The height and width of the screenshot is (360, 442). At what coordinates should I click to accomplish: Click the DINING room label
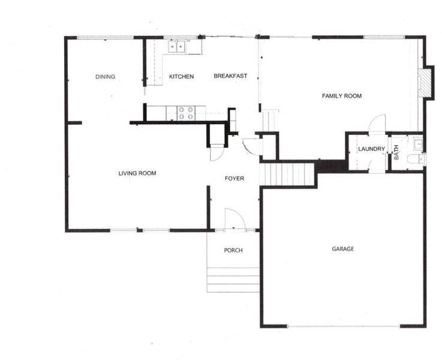105,77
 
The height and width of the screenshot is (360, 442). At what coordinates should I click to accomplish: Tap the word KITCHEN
181,76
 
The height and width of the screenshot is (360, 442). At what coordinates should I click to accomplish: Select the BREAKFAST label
230,76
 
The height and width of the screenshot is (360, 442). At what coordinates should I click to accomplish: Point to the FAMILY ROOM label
342,96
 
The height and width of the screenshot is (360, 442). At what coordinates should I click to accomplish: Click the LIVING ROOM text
137,173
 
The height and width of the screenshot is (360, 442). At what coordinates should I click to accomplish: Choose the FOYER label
234,178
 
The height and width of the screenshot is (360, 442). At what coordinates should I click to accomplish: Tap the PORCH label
233,250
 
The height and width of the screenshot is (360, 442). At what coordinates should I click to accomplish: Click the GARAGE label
343,249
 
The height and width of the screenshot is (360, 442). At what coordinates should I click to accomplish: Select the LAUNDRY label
371,149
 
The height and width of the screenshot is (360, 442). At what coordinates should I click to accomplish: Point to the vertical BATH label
396,152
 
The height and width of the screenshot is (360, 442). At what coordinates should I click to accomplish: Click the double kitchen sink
176,47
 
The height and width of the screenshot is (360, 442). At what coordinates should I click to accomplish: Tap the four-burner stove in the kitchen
186,113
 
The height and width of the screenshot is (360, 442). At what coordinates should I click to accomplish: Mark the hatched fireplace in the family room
425,83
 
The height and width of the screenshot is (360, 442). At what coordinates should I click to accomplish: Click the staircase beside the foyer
287,174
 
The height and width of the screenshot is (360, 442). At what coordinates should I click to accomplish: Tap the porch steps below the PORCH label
233,280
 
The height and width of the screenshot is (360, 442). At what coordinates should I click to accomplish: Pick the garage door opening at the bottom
344,326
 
